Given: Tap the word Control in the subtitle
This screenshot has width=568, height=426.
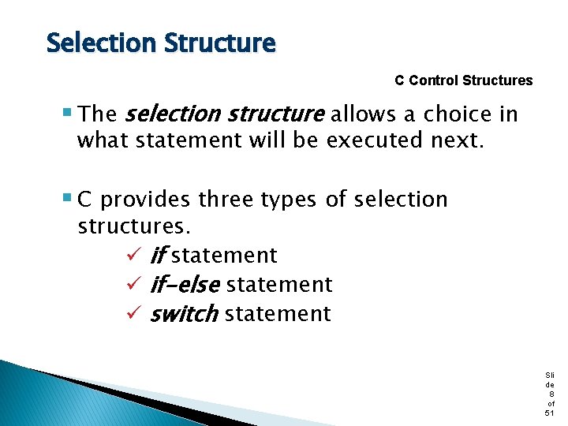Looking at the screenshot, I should (434, 80).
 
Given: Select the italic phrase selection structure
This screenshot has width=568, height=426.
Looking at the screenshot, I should (225, 114).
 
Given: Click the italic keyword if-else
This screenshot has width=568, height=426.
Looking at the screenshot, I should (185, 284).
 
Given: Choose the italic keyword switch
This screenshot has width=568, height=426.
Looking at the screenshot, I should (184, 314).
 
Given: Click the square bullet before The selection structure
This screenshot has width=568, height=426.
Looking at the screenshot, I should (68, 114).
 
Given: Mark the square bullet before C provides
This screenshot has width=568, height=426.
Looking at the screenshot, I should (68, 199).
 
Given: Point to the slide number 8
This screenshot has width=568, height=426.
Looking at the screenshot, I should (550, 393).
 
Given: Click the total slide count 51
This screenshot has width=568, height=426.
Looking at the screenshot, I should (550, 413).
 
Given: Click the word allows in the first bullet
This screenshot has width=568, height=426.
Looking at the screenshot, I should (368, 114).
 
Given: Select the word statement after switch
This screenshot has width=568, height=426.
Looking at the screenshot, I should (278, 314).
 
